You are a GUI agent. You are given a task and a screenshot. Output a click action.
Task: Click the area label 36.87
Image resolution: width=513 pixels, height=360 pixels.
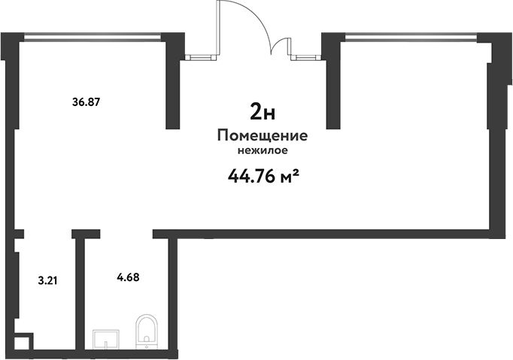point(86,102)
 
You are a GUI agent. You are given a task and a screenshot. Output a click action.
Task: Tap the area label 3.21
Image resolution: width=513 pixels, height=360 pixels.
point(48,280)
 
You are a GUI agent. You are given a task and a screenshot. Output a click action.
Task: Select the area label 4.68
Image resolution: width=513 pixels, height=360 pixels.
point(128,277)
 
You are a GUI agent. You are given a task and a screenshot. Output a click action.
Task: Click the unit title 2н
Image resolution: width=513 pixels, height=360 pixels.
point(263,111)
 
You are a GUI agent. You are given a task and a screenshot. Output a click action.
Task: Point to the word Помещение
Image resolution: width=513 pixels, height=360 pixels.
point(263,135)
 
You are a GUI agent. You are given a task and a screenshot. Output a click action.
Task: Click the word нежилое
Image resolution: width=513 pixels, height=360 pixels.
point(263,150)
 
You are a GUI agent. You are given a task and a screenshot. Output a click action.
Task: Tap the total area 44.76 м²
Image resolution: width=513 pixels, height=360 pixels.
point(264,177)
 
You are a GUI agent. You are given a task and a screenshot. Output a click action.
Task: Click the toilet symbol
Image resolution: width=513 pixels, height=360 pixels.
point(147,331)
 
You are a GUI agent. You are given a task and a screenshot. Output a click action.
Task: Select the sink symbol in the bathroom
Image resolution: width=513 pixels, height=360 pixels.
point(105,339)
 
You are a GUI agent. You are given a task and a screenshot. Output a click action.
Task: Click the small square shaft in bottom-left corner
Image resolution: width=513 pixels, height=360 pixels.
point(24,342)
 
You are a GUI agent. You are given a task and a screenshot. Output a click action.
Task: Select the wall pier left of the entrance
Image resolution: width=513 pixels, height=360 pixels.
point(174,80)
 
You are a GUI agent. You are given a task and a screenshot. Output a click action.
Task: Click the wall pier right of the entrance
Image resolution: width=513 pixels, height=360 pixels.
point(334,80)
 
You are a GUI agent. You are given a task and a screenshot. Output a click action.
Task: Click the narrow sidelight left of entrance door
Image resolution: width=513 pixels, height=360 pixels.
point(201,57)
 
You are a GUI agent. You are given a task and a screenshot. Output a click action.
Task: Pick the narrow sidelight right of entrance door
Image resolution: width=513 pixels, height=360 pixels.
point(306,57)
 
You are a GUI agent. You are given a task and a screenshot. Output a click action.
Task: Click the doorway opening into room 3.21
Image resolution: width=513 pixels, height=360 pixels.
point(48,234)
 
